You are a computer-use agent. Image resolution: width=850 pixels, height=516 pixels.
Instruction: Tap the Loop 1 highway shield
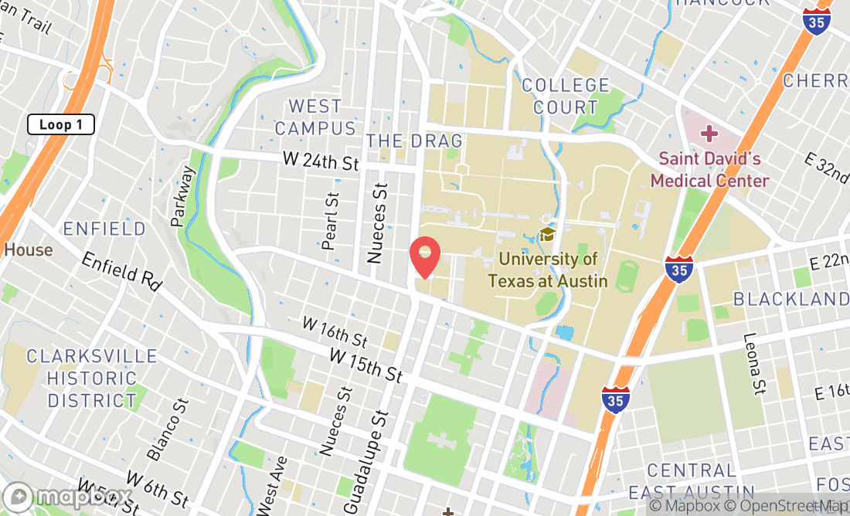pyautogui.click(x=61, y=124)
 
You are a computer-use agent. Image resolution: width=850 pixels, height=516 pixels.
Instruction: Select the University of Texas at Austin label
pyautogui.click(x=548, y=270)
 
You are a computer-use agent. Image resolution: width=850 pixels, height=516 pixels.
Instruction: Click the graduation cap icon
pyautogui.click(x=547, y=234)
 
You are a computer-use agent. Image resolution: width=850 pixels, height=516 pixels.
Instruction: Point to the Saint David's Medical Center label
pyautogui.click(x=709, y=170)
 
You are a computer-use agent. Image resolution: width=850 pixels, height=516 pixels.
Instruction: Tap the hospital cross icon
pyautogui.click(x=709, y=134)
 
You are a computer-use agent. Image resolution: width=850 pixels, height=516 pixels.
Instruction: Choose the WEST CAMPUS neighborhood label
pyautogui.click(x=314, y=117)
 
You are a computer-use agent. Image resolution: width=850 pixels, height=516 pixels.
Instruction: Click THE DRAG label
pyautogui.click(x=414, y=141)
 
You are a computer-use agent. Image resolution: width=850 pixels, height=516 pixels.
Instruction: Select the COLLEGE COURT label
pyautogui.click(x=566, y=97)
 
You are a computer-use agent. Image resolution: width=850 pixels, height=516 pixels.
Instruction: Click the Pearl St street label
pyautogui.click(x=330, y=221)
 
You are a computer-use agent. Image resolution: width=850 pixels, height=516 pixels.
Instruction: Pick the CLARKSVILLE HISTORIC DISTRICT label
pyautogui.click(x=92, y=379)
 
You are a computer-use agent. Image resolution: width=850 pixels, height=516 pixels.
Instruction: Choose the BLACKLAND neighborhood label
pyautogui.click(x=790, y=299)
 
